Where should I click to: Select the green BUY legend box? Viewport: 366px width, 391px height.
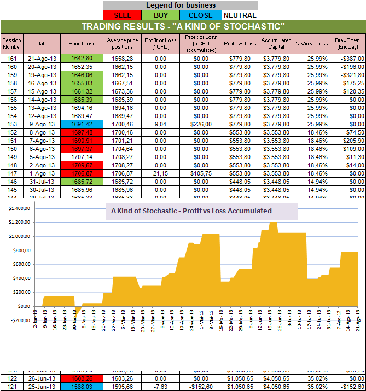161,15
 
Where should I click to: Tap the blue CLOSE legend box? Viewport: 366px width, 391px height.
200,15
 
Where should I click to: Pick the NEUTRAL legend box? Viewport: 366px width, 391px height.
239,15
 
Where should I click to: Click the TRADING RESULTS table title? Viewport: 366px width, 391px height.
183,27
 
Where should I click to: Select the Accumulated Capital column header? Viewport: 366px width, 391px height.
276,43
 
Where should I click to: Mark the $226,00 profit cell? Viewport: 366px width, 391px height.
200,124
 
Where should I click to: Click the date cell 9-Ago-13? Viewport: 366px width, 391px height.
42,124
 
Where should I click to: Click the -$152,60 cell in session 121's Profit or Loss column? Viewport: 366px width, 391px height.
200,386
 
